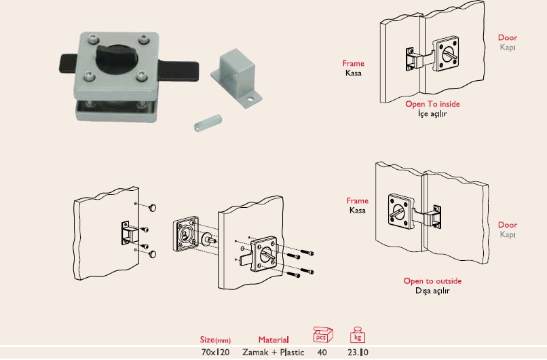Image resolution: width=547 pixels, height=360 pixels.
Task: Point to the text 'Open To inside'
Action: pos(432,104)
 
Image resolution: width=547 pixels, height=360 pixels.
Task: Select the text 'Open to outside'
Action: pos(432,281)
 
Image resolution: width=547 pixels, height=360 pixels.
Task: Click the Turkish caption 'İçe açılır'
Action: pos(432,114)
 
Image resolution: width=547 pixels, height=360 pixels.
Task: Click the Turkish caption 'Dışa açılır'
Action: pos(432,291)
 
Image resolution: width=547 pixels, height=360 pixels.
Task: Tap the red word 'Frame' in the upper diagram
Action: pos(354,63)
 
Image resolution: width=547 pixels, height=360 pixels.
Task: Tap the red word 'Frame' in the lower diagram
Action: pos(357,201)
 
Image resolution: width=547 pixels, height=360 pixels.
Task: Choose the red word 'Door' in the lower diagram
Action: pos(508,225)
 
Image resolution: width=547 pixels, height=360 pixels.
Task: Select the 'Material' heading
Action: pos(273,340)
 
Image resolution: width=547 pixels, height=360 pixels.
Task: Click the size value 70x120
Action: pos(216,353)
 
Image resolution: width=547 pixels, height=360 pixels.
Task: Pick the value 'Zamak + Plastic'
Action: pos(273,353)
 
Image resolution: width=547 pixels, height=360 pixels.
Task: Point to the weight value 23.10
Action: pos(358,353)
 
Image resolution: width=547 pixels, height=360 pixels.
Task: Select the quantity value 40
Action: pos(322,353)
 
